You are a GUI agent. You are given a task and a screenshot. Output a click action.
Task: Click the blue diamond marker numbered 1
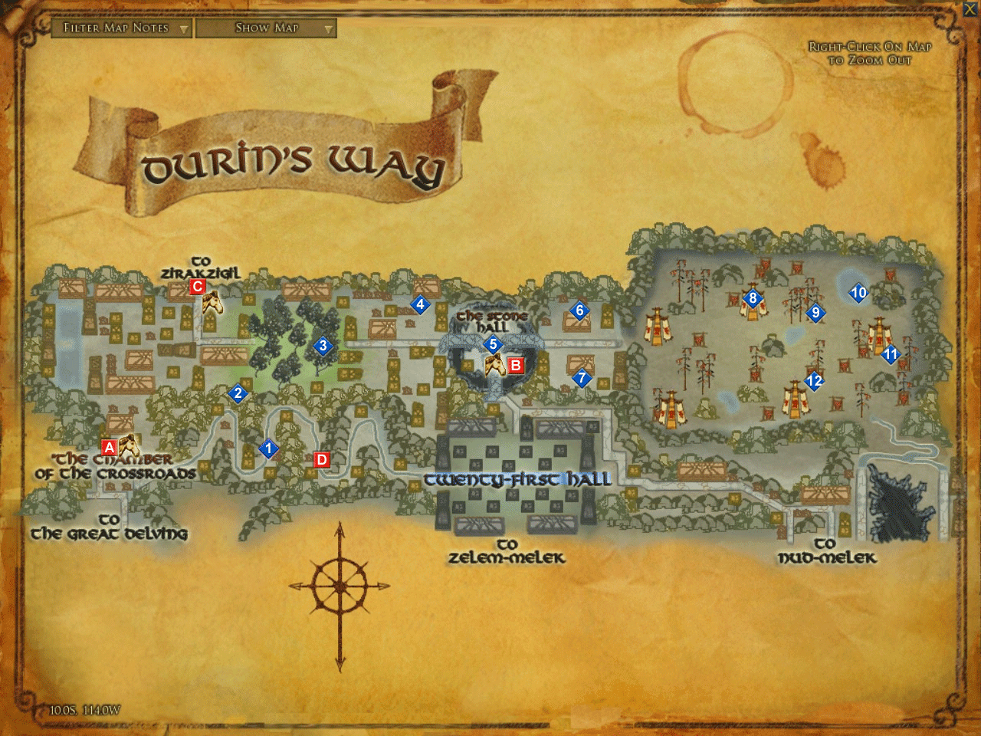coord(268,449)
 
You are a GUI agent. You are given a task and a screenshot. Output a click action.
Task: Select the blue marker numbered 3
coord(323,346)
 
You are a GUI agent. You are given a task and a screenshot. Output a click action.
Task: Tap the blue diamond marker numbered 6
coord(579,310)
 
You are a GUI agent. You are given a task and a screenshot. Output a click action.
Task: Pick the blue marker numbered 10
coord(858,292)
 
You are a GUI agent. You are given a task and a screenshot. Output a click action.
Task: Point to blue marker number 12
coord(814,380)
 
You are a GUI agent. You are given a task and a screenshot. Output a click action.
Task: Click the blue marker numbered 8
coord(753,298)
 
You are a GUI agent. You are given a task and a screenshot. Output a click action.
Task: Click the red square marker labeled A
coord(109,447)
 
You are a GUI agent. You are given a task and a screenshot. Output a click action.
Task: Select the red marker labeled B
coord(515,365)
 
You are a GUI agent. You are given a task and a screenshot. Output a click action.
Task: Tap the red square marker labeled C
coord(197,287)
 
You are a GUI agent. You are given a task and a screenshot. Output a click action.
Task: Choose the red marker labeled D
coord(322,460)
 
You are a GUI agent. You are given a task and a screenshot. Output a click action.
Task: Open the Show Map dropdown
coord(266,28)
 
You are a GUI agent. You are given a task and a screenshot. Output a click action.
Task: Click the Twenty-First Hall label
coord(517,480)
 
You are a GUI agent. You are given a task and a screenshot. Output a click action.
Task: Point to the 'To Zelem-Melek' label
coord(507,551)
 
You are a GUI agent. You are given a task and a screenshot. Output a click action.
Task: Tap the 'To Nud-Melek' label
coord(826,551)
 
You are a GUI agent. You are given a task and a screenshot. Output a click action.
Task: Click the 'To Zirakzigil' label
coord(200,268)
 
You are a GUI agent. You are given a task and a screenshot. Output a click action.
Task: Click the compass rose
coord(340,586)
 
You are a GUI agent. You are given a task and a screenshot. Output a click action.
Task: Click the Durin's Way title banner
coord(291,161)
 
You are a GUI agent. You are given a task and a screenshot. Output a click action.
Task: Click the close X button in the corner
coord(971,8)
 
